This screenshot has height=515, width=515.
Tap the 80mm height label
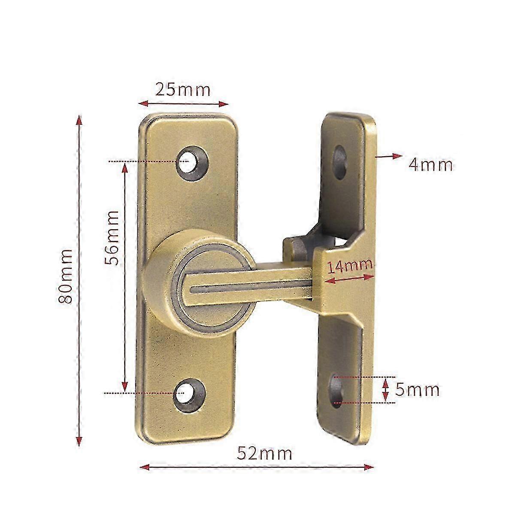click(x=65, y=276)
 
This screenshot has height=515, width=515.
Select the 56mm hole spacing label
click(x=111, y=238)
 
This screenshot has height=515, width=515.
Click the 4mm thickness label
click(x=430, y=165)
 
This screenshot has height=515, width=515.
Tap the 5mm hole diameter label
click(x=417, y=390)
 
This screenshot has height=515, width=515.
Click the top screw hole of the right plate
click(x=340, y=162)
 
